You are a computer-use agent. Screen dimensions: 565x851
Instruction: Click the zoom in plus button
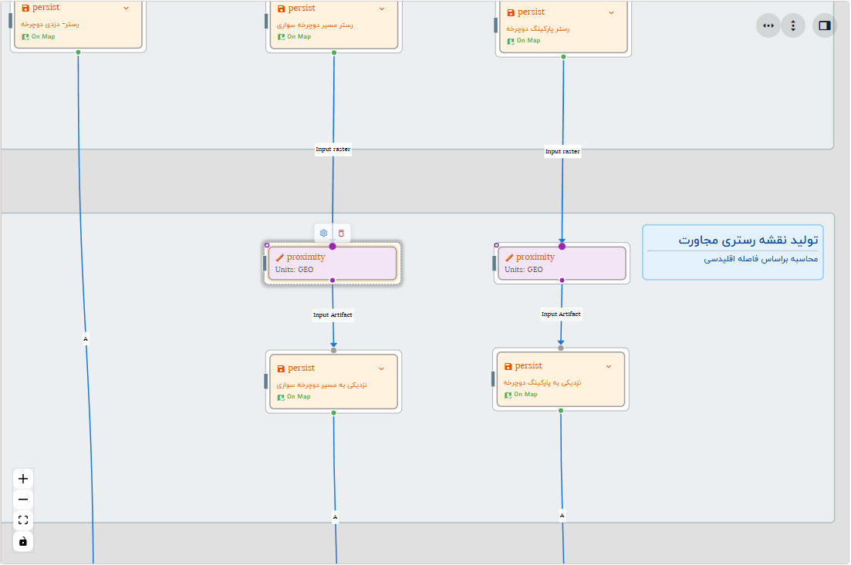click(23, 479)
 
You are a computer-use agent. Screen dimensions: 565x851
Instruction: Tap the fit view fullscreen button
click(23, 520)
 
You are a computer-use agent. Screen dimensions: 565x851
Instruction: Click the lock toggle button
click(23, 541)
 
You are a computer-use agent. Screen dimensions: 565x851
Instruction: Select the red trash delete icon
click(342, 233)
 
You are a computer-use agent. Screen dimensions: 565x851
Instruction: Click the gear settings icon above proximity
click(324, 233)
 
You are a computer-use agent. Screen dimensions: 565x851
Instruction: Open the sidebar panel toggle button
click(824, 25)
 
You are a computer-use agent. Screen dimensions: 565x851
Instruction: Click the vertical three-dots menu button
click(793, 25)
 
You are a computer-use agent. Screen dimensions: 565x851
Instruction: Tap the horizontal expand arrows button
click(768, 25)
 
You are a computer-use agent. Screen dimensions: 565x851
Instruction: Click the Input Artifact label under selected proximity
click(333, 314)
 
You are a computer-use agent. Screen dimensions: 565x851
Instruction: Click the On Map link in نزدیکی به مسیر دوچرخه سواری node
click(298, 397)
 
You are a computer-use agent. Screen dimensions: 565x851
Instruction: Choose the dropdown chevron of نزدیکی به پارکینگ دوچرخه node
click(609, 366)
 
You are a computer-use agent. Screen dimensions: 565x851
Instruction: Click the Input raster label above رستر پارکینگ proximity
click(562, 152)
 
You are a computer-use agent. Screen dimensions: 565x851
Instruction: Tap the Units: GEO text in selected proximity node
click(295, 270)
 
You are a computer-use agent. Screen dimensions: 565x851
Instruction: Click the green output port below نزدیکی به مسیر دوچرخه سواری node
click(333, 413)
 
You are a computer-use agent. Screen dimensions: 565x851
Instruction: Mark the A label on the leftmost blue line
click(86, 338)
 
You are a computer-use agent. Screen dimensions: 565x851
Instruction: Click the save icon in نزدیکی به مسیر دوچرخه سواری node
click(281, 368)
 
